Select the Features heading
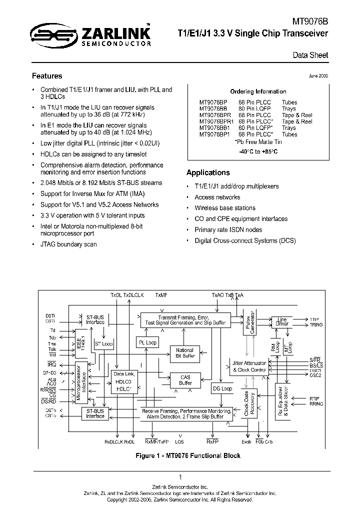coord(47,76)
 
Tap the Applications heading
coord(208,172)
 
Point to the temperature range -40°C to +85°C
coord(258,151)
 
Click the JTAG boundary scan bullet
coord(68,244)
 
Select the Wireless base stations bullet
coord(225,208)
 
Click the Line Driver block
coord(282,321)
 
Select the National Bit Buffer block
coord(185,352)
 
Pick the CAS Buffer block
coord(185,380)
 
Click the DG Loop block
coord(222,388)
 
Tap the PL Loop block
coord(147,342)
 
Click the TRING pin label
coord(316,324)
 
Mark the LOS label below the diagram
coord(179,442)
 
